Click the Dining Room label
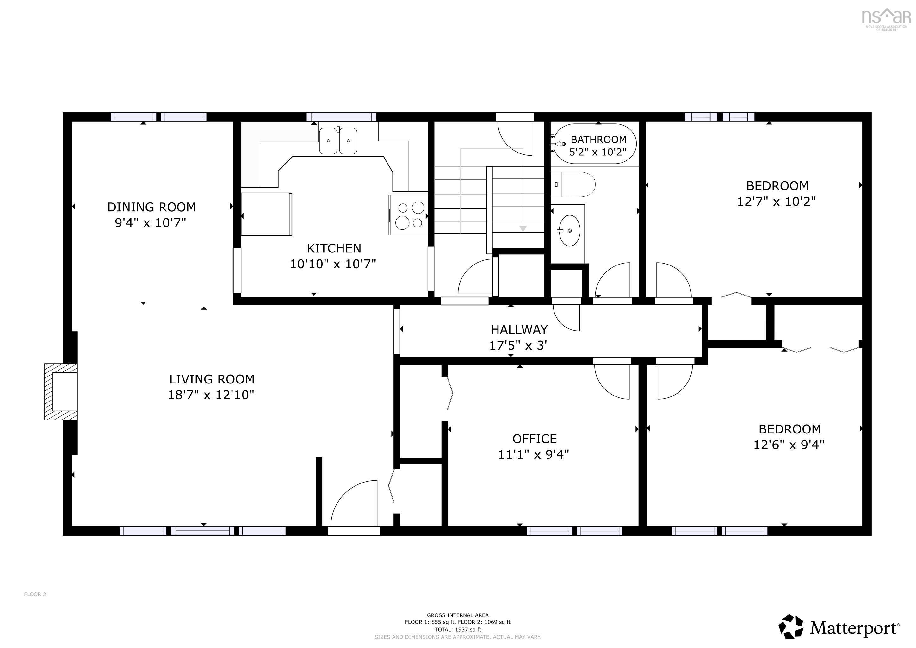click(152, 207)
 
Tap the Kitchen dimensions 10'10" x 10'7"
click(333, 264)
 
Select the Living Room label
click(212, 379)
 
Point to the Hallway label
click(519, 330)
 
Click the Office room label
click(535, 439)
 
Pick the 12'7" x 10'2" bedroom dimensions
click(777, 201)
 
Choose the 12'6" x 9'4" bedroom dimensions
click(789, 445)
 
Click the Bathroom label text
click(598, 140)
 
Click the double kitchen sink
click(338, 141)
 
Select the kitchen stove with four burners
click(408, 215)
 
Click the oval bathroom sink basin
click(569, 231)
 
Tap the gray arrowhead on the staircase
click(523, 229)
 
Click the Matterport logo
click(839, 627)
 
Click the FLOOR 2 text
click(35, 594)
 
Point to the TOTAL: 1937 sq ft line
click(458, 630)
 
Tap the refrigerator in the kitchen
click(267, 214)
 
